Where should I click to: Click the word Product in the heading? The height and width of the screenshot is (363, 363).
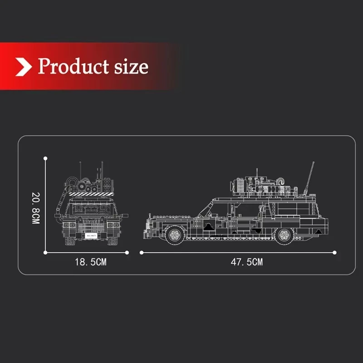coord(73,66)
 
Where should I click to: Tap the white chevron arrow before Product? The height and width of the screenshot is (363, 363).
coord(24,67)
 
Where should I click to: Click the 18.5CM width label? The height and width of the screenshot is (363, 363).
coord(90,262)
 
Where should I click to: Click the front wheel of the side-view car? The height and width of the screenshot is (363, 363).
coord(173,234)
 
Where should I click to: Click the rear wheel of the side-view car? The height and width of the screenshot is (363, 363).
coord(285,234)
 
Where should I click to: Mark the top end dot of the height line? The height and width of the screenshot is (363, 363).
coord(45,158)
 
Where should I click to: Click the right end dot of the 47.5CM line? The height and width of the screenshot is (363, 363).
coord(335,252)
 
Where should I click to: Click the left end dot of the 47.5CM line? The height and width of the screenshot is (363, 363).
coord(142,252)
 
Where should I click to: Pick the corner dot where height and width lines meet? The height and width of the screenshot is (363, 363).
coord(45,252)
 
